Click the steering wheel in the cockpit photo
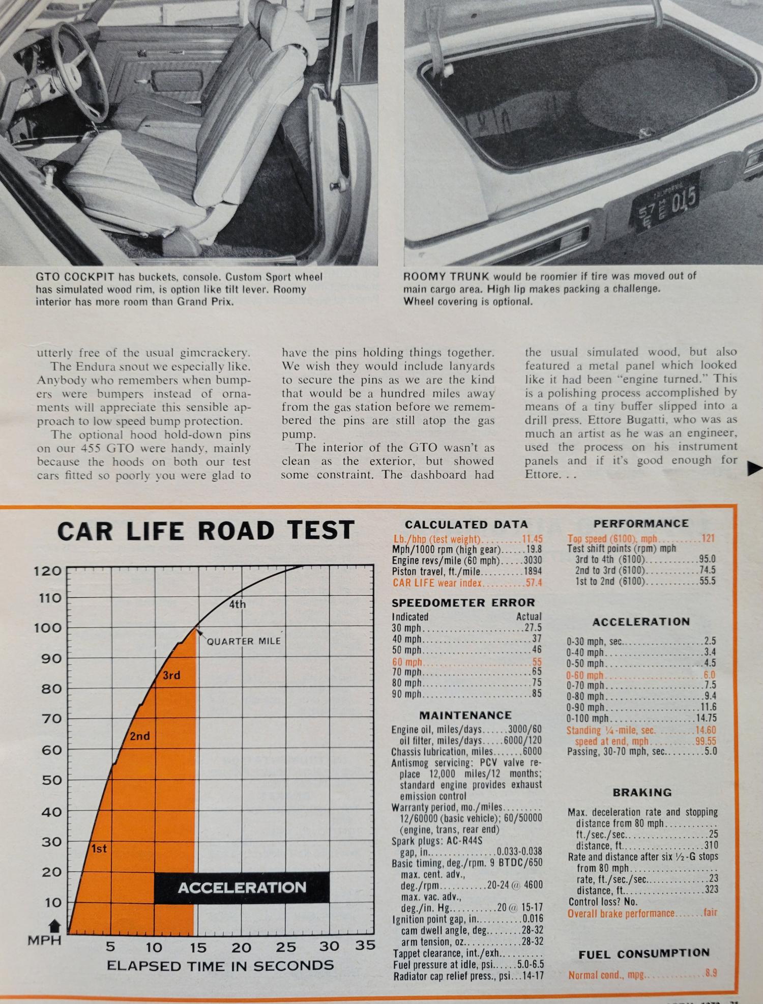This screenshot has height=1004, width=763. tap(76, 66)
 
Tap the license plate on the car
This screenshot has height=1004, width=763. tap(665, 200)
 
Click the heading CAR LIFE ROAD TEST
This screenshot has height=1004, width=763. tap(206, 530)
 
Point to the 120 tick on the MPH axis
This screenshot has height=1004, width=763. tap(47, 570)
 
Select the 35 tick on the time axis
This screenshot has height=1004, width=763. tap(364, 946)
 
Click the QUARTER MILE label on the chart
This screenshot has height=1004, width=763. tap(244, 641)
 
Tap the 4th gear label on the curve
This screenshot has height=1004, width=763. tap(237, 605)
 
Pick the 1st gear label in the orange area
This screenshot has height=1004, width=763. tap(99, 849)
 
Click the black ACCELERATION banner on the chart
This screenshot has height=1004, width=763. tap(242, 888)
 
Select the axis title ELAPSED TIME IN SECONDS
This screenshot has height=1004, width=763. tap(220, 966)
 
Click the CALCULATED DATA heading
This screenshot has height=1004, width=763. tap(466, 524)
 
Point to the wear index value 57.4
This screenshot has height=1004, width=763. tap(534, 583)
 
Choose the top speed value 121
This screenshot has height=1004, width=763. tap(708, 538)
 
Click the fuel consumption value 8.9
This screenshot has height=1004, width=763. tap(711, 973)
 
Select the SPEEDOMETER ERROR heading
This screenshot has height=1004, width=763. tap(463, 603)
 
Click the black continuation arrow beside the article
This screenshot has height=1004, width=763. tap(754, 470)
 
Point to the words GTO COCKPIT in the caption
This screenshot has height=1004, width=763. tap(76, 277)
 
